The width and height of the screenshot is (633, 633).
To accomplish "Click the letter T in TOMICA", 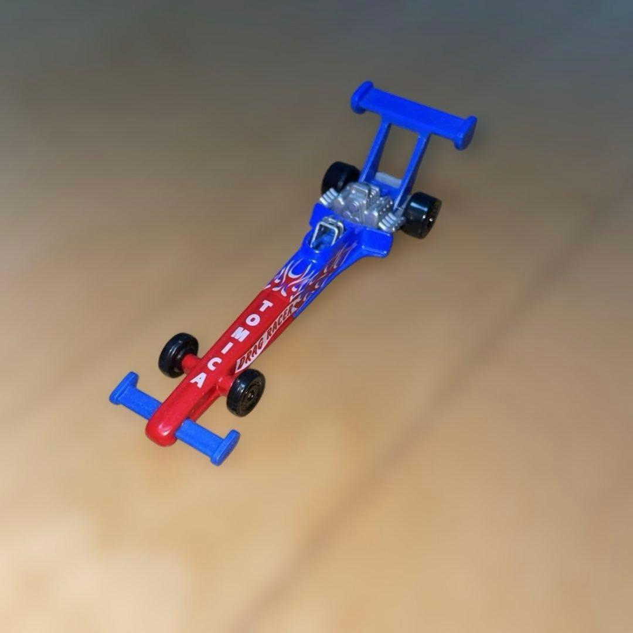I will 265,307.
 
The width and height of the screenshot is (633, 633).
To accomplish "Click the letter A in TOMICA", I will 198,381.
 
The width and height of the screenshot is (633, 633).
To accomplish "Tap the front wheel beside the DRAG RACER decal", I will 246,392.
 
